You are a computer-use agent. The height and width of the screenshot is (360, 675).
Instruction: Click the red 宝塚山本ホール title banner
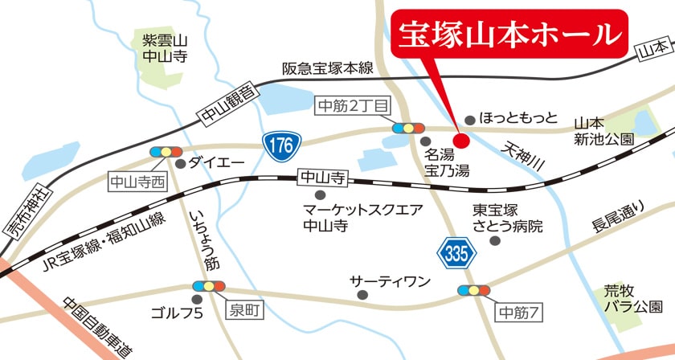[x=509, y=34]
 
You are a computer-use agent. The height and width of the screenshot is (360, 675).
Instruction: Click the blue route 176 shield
[x=280, y=145]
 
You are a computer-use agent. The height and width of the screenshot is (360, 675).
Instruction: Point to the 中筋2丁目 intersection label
[x=354, y=104]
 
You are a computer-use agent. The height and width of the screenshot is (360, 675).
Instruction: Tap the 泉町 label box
[x=243, y=307]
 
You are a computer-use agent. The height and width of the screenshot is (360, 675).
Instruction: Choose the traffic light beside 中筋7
[x=474, y=290]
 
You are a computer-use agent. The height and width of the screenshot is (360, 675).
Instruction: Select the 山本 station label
[x=650, y=51]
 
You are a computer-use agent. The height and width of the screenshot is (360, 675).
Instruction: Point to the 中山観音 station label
[x=229, y=107]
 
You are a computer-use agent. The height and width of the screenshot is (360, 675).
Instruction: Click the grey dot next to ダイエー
[x=181, y=163]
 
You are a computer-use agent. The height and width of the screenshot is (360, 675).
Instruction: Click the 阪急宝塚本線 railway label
[x=328, y=69]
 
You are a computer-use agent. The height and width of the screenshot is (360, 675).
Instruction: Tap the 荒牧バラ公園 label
[x=634, y=300]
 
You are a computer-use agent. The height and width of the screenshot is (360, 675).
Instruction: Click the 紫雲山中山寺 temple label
[x=164, y=48]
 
